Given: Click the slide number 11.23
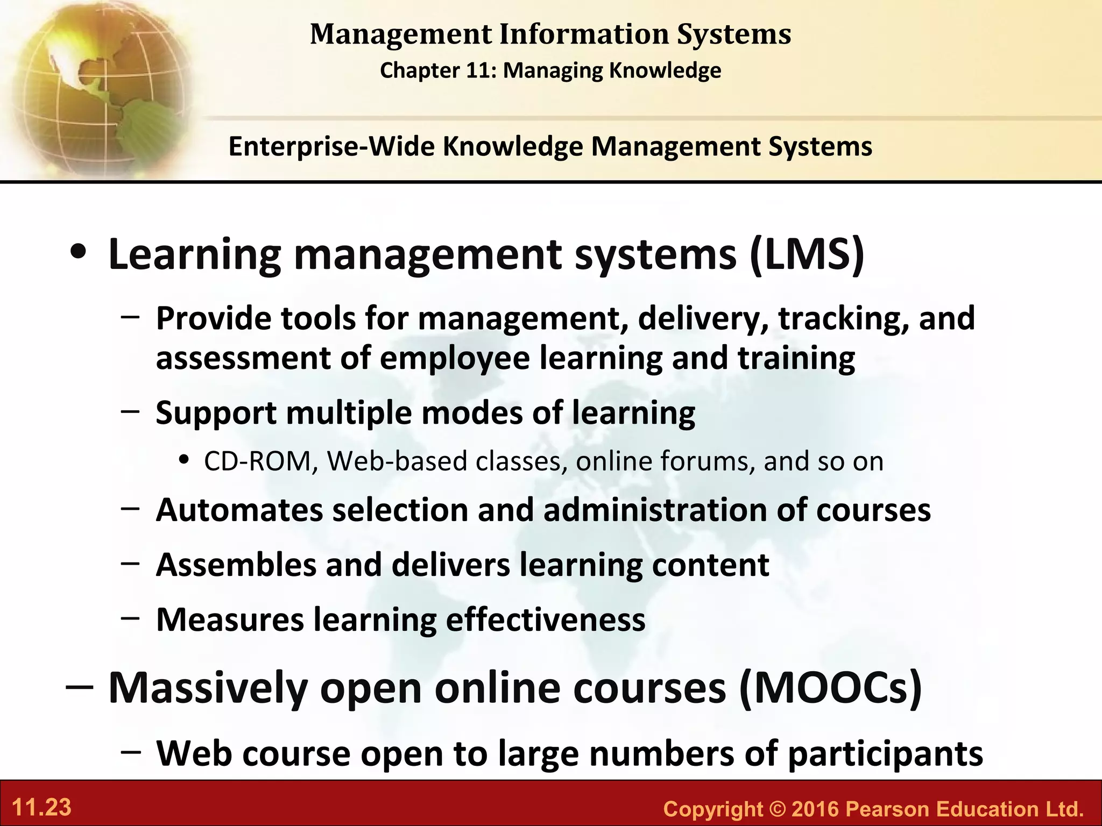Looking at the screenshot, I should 41,808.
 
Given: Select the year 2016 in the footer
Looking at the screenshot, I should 815,809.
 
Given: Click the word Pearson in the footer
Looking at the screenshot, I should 887,809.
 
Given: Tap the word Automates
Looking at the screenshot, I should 239,510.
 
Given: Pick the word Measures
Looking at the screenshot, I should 230,619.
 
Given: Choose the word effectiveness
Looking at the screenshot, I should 546,619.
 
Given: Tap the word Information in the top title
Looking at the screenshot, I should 584,34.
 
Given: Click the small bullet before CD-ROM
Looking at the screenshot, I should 185,461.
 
